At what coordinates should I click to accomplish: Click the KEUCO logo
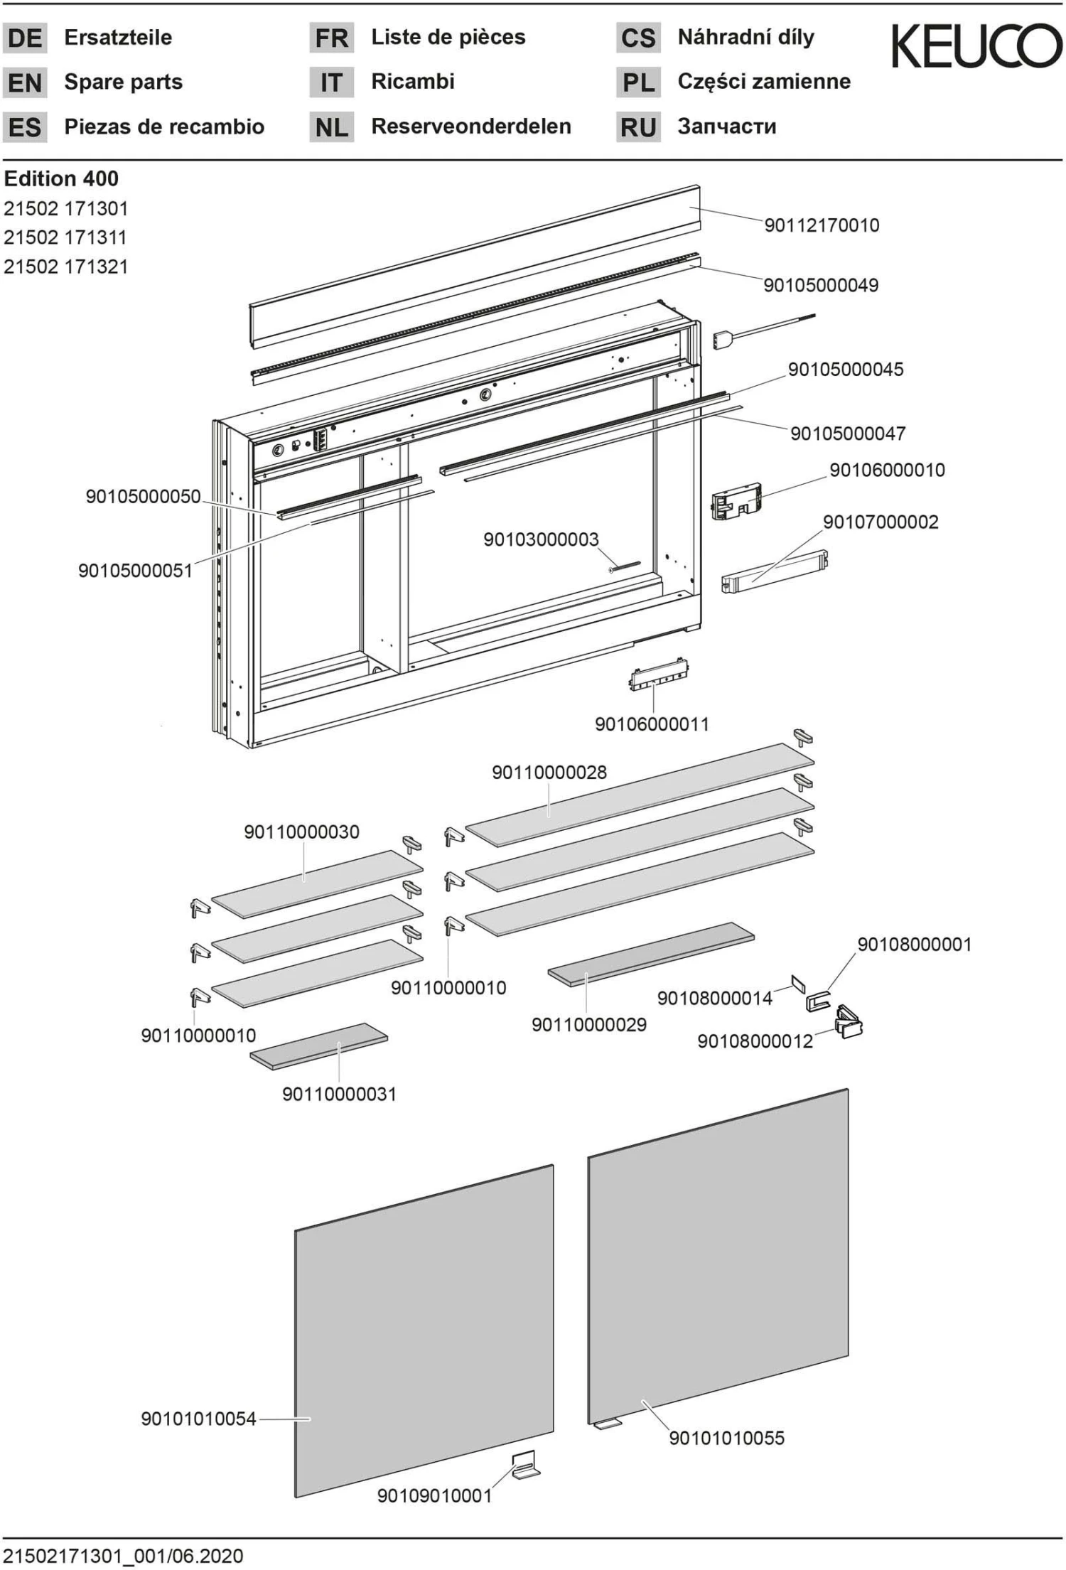tap(976, 45)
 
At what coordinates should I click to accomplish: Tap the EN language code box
tap(25, 82)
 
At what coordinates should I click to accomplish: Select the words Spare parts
tap(123, 82)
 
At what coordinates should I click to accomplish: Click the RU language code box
tap(637, 127)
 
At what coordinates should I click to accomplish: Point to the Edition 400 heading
tap(61, 178)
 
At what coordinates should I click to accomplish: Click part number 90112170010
tap(822, 225)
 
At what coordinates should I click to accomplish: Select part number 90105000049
tap(821, 285)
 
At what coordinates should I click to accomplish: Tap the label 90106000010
tap(887, 470)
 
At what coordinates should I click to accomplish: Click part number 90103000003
tap(541, 539)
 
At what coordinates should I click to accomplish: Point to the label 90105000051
tap(135, 570)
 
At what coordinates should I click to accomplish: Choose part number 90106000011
tap(652, 724)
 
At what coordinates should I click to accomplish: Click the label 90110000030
tap(301, 832)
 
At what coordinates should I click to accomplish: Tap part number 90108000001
tap(914, 945)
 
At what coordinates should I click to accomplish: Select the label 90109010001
tap(434, 1496)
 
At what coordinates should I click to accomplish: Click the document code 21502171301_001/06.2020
tap(124, 1556)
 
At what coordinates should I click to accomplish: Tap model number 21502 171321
tap(66, 267)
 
